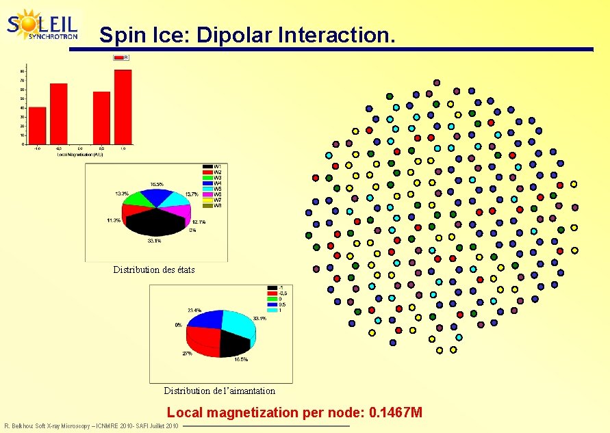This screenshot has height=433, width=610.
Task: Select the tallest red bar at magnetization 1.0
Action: [123, 107]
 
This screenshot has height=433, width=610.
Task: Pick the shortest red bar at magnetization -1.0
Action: [37, 126]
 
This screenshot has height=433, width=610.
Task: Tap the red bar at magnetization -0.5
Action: [59, 114]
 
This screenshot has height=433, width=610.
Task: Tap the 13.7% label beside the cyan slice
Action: [192, 195]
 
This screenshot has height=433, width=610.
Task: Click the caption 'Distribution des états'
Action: [154, 270]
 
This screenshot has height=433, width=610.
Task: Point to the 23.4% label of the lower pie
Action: [194, 310]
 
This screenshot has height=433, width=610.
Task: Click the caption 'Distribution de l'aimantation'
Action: [219, 391]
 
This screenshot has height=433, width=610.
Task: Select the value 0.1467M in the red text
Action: [395, 412]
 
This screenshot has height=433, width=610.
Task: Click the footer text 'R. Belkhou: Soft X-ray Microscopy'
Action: [62, 426]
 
